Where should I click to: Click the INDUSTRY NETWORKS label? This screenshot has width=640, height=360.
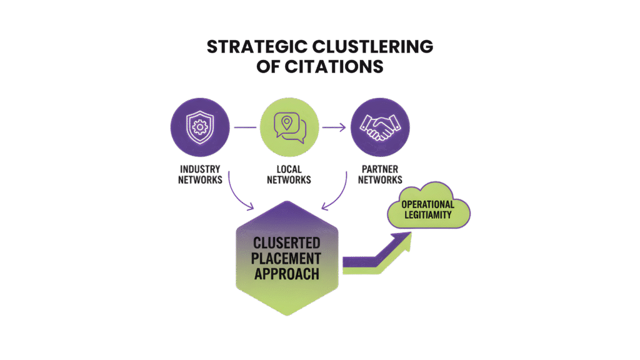point(201,174)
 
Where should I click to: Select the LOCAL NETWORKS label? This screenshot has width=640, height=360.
point(289,174)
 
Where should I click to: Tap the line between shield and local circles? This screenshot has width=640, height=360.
point(246,127)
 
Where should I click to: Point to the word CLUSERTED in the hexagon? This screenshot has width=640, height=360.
point(287,242)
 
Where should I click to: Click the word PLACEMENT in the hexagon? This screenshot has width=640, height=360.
point(287,258)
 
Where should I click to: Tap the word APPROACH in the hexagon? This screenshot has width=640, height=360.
point(287,274)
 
